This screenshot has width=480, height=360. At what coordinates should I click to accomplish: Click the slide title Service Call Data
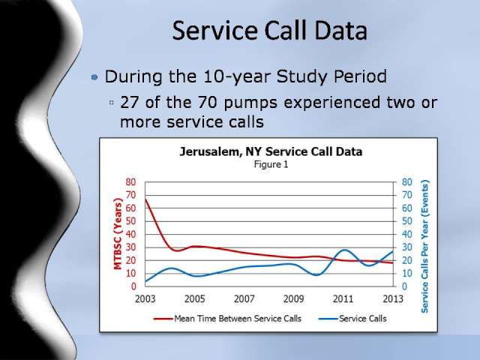click(x=270, y=31)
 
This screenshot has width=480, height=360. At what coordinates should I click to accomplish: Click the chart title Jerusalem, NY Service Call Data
click(x=271, y=151)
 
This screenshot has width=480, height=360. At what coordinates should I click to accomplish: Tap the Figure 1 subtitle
click(x=271, y=165)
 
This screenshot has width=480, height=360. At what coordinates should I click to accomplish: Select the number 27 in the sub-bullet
click(x=130, y=102)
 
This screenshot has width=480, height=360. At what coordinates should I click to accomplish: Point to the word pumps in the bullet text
click(x=250, y=103)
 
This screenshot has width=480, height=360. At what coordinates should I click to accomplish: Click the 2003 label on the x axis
click(x=145, y=298)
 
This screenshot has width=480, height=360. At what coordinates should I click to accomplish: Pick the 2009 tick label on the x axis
click(x=293, y=298)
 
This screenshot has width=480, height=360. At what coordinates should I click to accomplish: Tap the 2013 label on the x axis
click(x=393, y=298)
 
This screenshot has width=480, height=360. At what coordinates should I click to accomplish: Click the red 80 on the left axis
click(x=130, y=181)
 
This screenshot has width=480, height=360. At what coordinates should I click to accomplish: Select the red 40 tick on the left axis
click(x=130, y=234)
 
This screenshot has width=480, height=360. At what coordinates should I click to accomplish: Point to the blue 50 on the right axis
click(x=406, y=221)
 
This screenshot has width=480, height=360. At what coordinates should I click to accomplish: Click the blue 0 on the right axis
click(x=404, y=286)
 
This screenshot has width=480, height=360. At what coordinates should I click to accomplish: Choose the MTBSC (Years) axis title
click(x=118, y=234)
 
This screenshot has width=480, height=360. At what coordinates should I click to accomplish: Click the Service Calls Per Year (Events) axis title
click(x=424, y=247)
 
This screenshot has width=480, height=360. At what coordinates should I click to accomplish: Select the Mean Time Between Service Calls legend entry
click(x=227, y=319)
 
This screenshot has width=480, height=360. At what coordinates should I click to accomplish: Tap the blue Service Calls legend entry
click(x=352, y=319)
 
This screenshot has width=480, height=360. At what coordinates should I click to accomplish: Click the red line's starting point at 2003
click(x=145, y=199)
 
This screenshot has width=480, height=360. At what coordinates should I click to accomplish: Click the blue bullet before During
click(x=94, y=76)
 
